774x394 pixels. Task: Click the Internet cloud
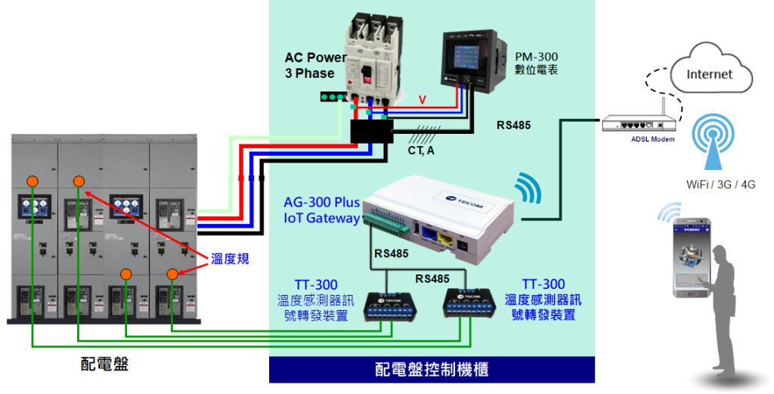tap(710, 73)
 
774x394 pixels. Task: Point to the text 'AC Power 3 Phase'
tap(314, 65)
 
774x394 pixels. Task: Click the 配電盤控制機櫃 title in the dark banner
tap(432, 370)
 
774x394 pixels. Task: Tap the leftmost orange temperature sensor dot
tap(33, 181)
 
